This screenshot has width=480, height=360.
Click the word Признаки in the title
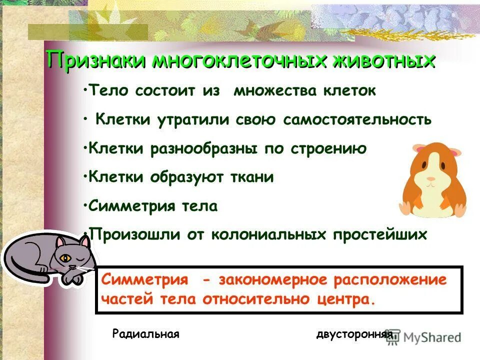pyautogui.click(x=95, y=60)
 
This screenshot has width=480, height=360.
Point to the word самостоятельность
pyautogui.click(x=357, y=120)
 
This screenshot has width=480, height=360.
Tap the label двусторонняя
pyautogui.click(x=353, y=334)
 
